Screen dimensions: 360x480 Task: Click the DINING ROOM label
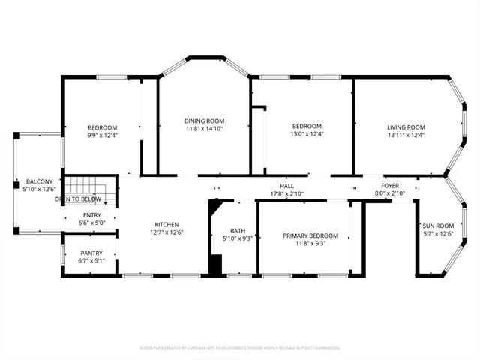[x=205, y=121]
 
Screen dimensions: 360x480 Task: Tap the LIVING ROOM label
[x=406, y=127]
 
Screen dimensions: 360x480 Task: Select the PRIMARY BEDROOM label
[x=310, y=235]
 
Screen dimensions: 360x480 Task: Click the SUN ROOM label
[x=438, y=226]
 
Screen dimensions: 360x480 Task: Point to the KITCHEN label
[x=166, y=224]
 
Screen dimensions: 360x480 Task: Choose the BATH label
[x=238, y=230]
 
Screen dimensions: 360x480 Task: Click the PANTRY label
[x=91, y=253]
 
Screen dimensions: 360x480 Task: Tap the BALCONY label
[x=39, y=182]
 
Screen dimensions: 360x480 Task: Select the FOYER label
[x=390, y=185]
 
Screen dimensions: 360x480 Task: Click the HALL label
[x=286, y=185]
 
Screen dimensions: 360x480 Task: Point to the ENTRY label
[x=91, y=214]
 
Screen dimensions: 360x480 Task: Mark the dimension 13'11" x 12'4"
[x=406, y=136]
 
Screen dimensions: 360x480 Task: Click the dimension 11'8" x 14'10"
[x=205, y=129]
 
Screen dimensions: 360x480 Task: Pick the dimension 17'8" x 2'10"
[x=286, y=193]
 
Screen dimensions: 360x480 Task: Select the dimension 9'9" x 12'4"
[x=103, y=136]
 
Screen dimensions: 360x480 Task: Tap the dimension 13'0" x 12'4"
[x=307, y=135]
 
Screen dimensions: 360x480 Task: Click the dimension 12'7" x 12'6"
[x=166, y=232]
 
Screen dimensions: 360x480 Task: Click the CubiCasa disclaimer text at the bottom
[x=240, y=348]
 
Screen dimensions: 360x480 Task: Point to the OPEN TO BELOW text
[x=78, y=199]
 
